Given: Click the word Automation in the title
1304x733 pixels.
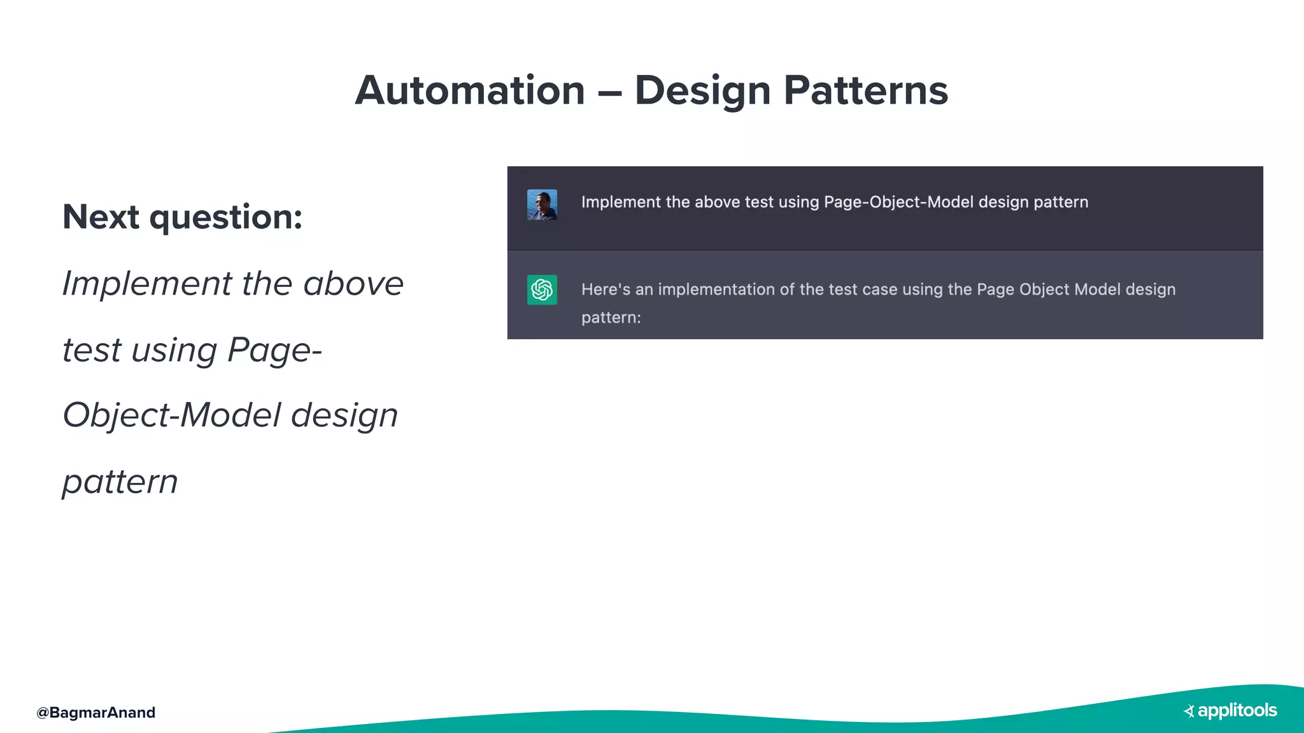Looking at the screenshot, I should (x=470, y=90).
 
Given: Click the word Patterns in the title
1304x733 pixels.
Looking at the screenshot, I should (x=865, y=90).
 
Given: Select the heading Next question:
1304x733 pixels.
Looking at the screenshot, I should (x=182, y=217).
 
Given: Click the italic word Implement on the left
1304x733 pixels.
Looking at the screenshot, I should (x=147, y=284).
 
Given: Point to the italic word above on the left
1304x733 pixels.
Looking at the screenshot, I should (x=353, y=284).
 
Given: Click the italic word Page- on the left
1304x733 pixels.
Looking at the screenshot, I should (x=274, y=351).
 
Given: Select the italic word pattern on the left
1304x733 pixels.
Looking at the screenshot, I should (x=120, y=482).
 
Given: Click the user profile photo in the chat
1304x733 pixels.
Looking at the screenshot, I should (x=542, y=205).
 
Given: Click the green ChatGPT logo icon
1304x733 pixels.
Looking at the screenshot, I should (x=542, y=290).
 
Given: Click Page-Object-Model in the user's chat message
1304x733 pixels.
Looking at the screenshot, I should (x=898, y=202).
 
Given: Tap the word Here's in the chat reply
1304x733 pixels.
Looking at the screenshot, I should (x=606, y=290).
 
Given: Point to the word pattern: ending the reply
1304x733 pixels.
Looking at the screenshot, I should (x=611, y=318).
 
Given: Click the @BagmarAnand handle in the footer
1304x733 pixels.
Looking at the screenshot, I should (x=96, y=713).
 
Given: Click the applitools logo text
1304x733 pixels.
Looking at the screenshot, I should (x=1237, y=711).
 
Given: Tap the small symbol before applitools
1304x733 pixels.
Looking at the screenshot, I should (x=1189, y=711).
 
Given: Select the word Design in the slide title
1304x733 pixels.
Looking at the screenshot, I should (x=702, y=90).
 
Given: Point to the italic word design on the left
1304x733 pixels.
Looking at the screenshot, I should (x=344, y=415).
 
